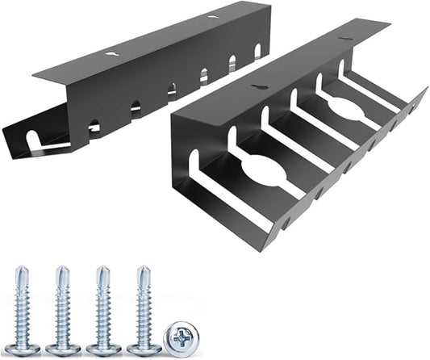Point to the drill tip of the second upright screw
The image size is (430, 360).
point(61,272)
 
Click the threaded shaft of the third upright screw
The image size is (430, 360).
point(102,311)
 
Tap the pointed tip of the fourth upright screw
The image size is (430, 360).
point(144,272)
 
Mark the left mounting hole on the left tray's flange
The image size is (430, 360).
point(111,53)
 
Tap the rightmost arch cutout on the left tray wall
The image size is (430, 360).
point(257,51)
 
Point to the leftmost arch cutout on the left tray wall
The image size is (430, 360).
point(94,126)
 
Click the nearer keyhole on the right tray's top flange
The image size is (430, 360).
point(258,86)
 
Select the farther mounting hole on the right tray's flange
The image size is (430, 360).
point(344,38)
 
